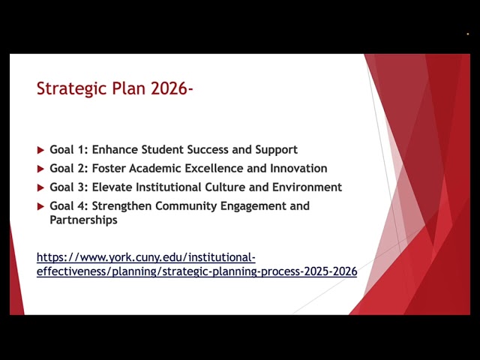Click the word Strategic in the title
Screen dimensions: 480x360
tap(72, 89)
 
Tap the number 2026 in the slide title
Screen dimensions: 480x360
tap(169, 88)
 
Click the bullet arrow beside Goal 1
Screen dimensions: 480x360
tap(40, 150)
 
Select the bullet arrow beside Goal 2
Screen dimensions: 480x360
tap(40, 169)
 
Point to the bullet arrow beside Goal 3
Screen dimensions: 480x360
tap(40, 187)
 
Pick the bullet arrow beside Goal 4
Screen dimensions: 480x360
tap(40, 206)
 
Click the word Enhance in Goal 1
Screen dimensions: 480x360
tap(115, 149)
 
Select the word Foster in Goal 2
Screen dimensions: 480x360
tap(109, 168)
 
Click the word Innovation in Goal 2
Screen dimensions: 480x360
tap(298, 168)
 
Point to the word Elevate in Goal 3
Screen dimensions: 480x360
tap(112, 187)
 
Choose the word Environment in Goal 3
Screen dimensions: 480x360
tap(307, 187)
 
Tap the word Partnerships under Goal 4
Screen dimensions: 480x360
tap(83, 220)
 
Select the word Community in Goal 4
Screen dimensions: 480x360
tap(186, 205)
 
